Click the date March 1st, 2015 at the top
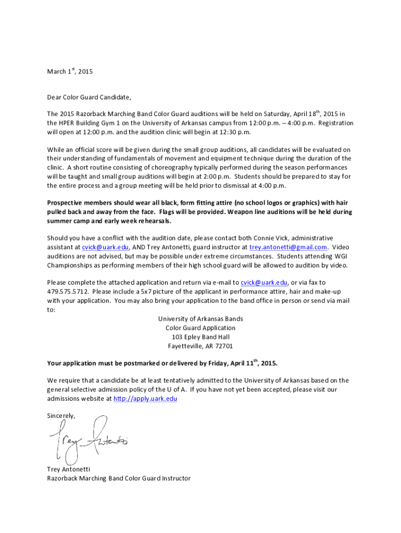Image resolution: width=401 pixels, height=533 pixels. tap(69, 71)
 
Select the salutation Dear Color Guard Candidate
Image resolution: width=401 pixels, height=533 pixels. tap(89, 97)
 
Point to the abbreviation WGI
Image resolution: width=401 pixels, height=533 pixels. tap(342, 256)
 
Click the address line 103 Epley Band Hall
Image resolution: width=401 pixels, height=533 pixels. tap(200, 337)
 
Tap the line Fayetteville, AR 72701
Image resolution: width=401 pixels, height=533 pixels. tap(200, 346)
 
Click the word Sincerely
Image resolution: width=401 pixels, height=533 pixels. tap(61, 416)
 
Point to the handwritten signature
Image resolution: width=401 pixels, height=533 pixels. tap(89, 440)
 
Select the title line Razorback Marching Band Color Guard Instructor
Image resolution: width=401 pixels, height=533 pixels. tap(119, 478)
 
